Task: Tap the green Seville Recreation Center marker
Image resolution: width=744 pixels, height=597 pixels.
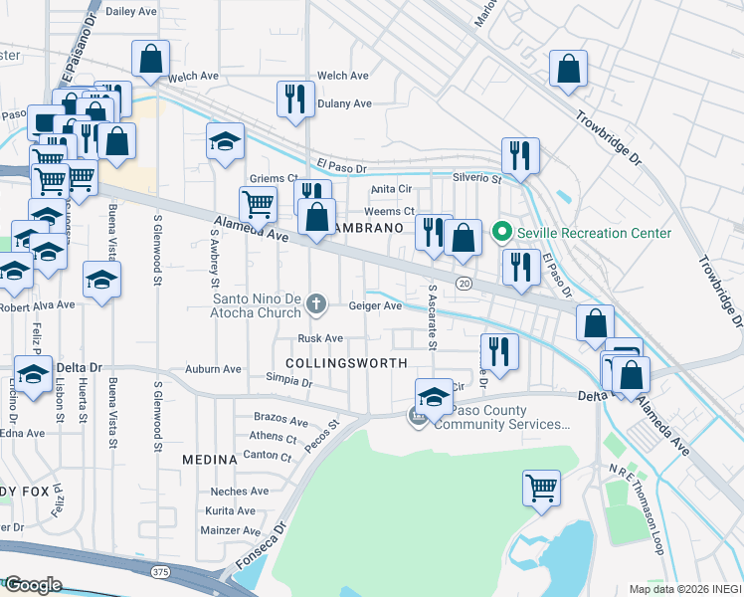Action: (502, 233)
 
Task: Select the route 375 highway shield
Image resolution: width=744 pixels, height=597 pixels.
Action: (160, 571)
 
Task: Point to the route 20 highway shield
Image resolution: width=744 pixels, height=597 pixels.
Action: (464, 284)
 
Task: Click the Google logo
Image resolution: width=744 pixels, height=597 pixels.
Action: (33, 585)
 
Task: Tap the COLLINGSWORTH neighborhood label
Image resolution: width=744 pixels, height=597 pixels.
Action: (346, 363)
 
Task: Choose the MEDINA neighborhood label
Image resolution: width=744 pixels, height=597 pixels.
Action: (210, 460)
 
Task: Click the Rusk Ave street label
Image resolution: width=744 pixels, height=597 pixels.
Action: (320, 339)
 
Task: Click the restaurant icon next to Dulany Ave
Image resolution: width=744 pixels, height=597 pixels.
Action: (294, 99)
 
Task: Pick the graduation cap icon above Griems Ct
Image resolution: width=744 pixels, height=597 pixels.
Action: (225, 141)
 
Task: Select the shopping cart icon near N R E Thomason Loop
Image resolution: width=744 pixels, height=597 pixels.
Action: (541, 488)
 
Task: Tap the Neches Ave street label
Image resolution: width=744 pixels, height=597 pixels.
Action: (240, 492)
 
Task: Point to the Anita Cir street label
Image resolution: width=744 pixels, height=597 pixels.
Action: (391, 189)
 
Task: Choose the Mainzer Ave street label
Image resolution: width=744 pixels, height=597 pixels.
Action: (231, 531)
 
